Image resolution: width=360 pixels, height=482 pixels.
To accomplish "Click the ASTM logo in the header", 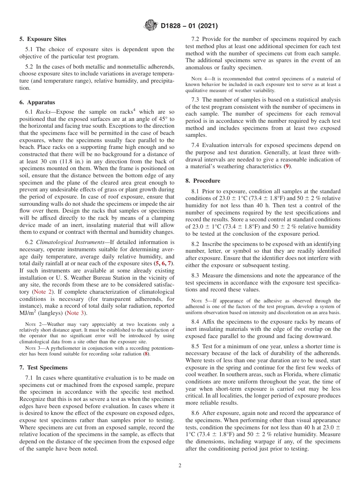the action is [x=151, y=26].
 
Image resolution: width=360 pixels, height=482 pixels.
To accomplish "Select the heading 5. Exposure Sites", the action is [x=43, y=39].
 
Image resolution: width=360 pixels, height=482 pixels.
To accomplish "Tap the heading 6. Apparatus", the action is [x=37, y=102].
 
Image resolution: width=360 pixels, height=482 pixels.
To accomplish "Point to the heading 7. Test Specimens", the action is [x=43, y=368].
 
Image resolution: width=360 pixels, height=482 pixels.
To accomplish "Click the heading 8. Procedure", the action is [x=203, y=181].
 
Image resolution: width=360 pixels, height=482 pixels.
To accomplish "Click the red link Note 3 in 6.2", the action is [x=74, y=313].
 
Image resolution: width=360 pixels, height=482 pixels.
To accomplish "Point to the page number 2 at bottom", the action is [x=180, y=466].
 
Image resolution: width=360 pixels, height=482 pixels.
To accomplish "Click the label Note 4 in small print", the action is [x=200, y=79].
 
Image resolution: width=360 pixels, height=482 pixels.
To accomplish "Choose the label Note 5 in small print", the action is [x=200, y=301].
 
